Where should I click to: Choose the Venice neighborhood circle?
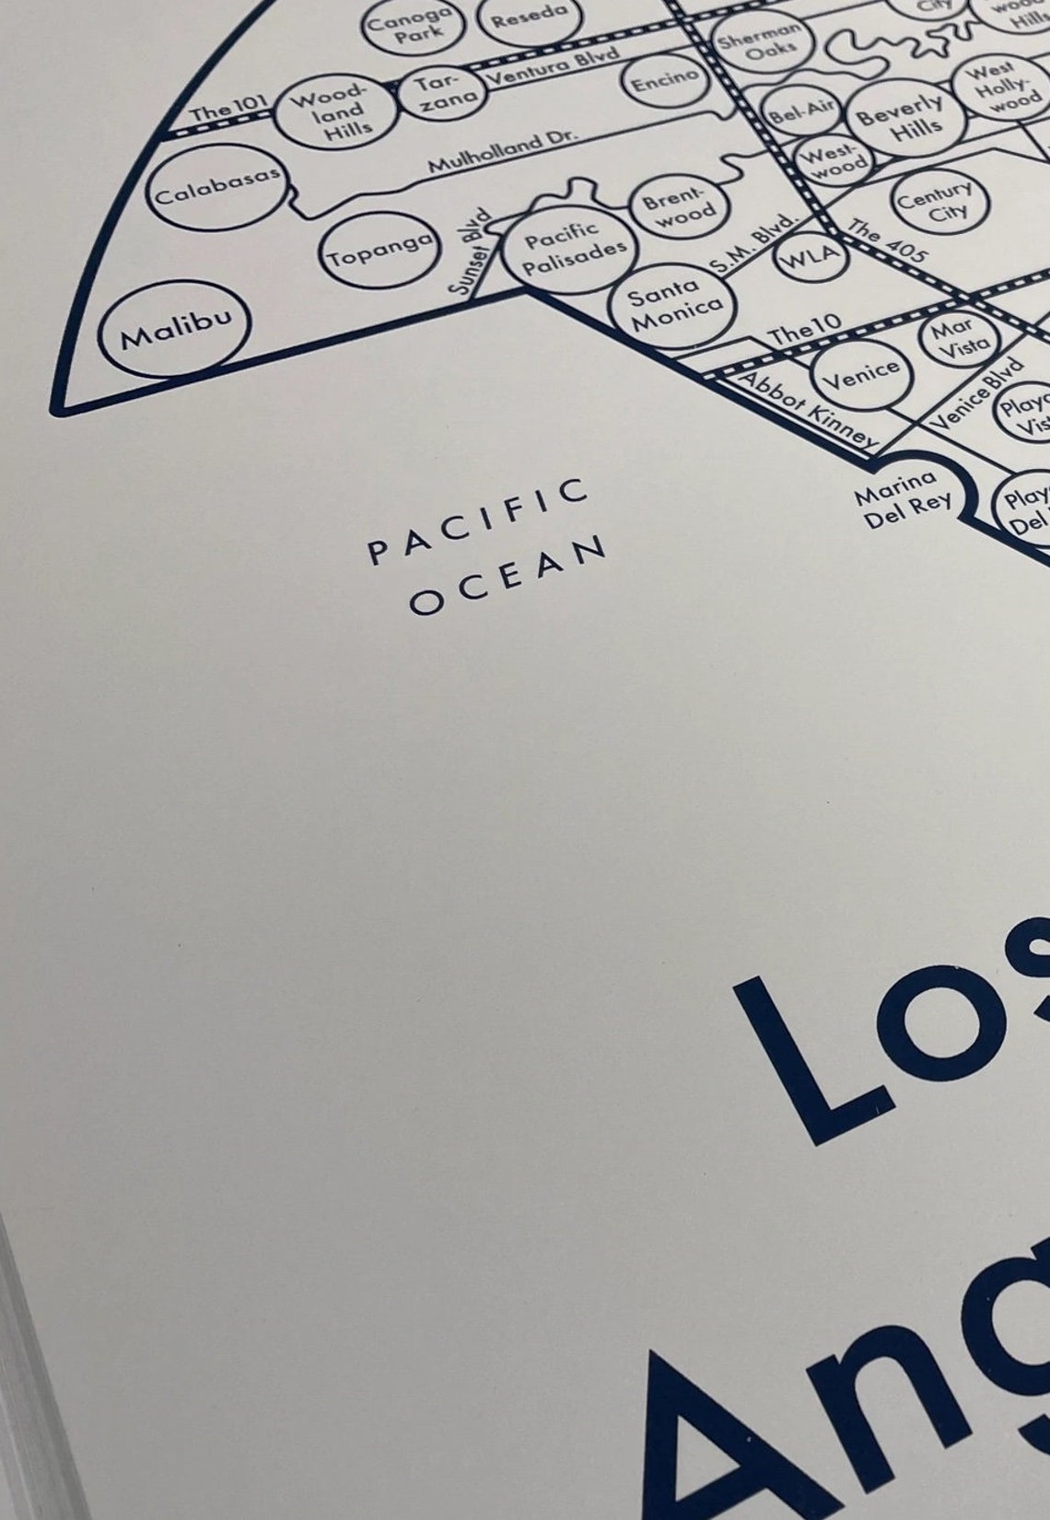(x=861, y=373)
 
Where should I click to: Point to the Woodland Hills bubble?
(x=335, y=111)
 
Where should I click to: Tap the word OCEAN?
(x=508, y=575)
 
